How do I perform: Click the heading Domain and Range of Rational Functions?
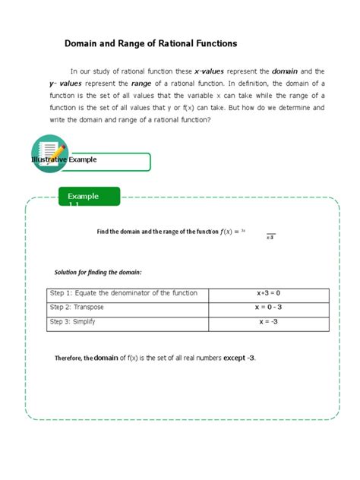coord(150,44)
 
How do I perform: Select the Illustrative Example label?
coord(64,161)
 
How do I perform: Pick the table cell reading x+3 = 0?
coord(268,293)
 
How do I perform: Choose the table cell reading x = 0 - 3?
coord(268,307)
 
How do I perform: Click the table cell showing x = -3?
coord(268,321)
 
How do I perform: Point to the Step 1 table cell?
coord(123,293)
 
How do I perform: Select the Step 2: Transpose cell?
coord(77,307)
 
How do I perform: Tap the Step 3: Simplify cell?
coord(73,321)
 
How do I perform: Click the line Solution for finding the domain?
coord(98,272)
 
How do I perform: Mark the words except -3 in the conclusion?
coord(239,358)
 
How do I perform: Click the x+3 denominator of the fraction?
coord(270,238)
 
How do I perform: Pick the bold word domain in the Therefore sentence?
coord(106,358)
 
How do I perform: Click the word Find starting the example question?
coord(104,232)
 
